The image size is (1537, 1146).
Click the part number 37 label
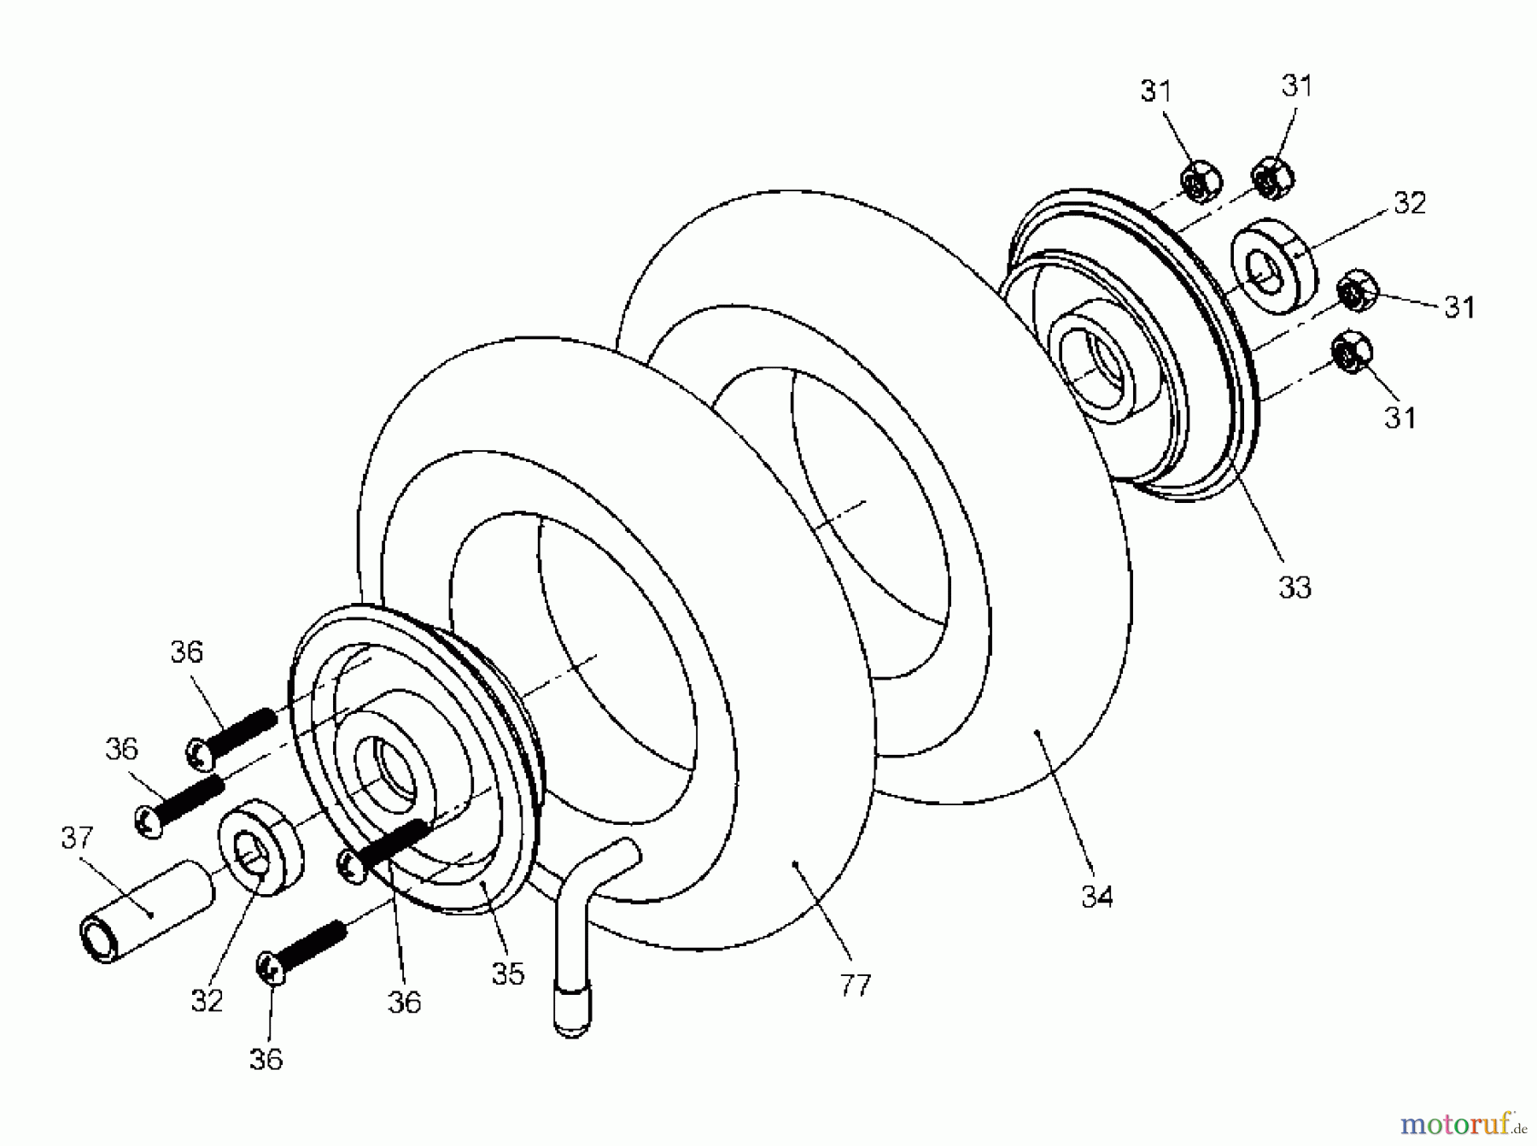77,838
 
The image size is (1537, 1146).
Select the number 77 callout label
855,986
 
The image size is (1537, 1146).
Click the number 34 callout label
1096,897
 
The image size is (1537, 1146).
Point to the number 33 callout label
1294,588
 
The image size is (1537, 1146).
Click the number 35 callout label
508,974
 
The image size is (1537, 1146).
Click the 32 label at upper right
1409,203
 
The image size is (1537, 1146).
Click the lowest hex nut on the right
1352,351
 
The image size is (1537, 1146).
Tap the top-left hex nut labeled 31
1200,182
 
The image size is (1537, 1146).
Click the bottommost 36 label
266,1060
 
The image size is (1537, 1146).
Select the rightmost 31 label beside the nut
1459,307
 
